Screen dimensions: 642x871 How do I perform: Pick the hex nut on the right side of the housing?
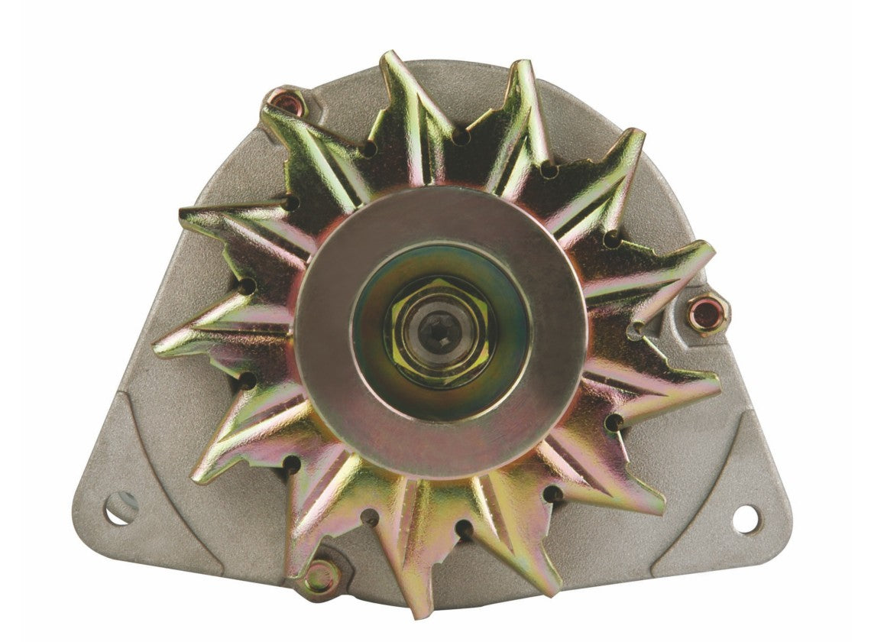tap(707, 314)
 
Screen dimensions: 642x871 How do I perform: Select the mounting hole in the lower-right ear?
tap(745, 519)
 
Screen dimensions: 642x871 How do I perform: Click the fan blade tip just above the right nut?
tap(707, 248)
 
